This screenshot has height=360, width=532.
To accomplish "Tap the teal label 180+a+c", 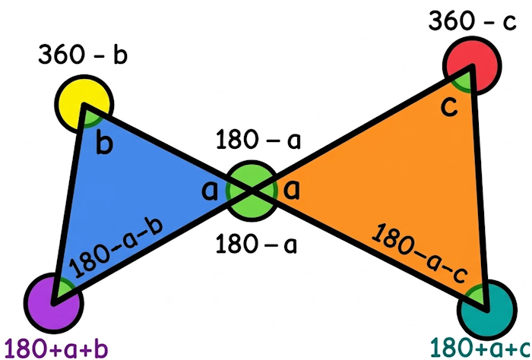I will pos(480,349).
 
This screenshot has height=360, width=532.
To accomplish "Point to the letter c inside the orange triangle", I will pos(449,108).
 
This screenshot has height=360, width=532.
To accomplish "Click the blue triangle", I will pos(122,197).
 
